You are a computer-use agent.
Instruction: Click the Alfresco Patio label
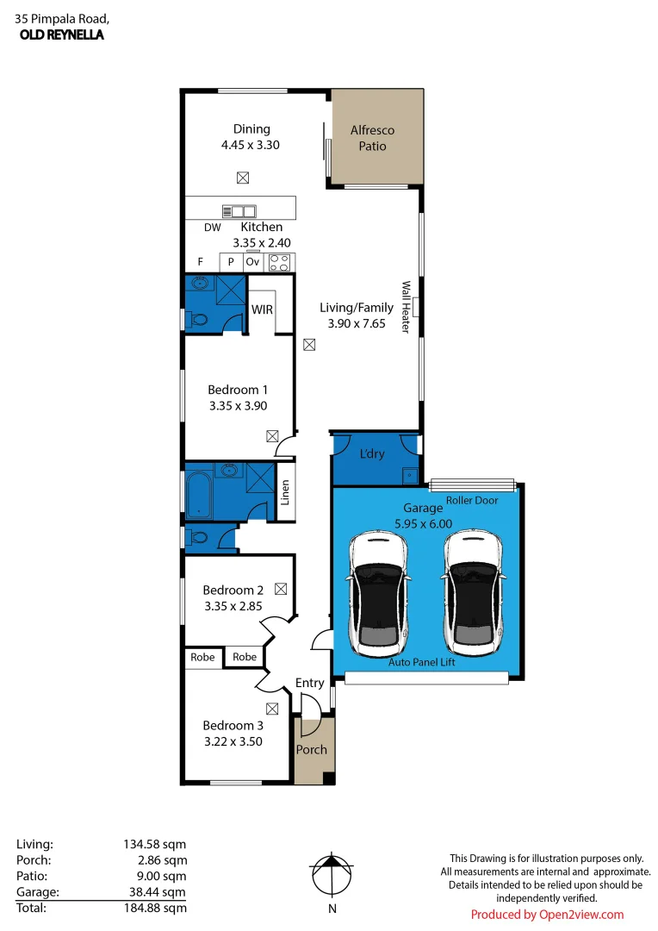372,138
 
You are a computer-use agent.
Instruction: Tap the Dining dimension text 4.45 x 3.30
250,145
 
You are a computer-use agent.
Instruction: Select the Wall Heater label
406,307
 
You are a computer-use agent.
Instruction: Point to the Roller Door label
473,500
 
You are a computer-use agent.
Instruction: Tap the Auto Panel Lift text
421,662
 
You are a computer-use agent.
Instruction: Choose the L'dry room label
372,453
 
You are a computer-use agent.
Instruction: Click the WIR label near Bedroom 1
262,309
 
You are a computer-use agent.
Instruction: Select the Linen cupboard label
286,492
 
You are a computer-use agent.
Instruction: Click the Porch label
311,749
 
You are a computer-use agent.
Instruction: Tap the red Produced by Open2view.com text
547,915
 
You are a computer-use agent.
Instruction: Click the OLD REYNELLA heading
61,35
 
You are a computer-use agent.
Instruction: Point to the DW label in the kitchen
213,228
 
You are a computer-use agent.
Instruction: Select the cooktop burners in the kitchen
280,262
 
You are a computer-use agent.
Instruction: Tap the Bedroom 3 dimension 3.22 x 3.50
233,740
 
